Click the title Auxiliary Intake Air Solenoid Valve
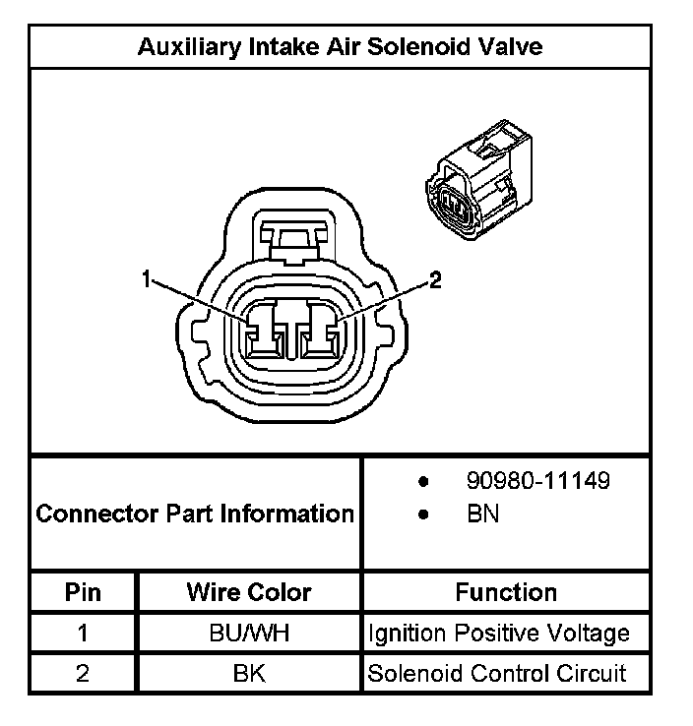click(x=340, y=46)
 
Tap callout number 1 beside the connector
click(x=147, y=280)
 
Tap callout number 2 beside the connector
click(x=434, y=280)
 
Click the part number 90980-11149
click(x=537, y=481)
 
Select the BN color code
click(x=482, y=514)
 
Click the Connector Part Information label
click(x=195, y=514)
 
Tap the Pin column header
click(x=84, y=592)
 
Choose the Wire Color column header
click(x=249, y=592)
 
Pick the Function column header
click(x=506, y=592)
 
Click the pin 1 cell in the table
click(x=84, y=633)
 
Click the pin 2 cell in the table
click(x=84, y=674)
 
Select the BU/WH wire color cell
click(x=249, y=633)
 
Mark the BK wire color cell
click(x=249, y=674)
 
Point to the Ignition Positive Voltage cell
click(x=498, y=633)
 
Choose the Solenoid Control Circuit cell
click(x=496, y=674)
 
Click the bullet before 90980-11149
click(x=423, y=482)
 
